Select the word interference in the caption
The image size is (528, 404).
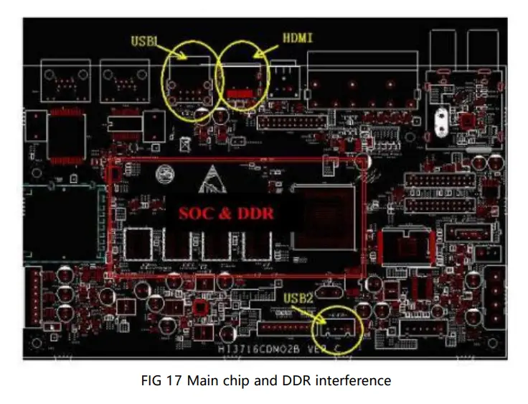pyautogui.click(x=354, y=380)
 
